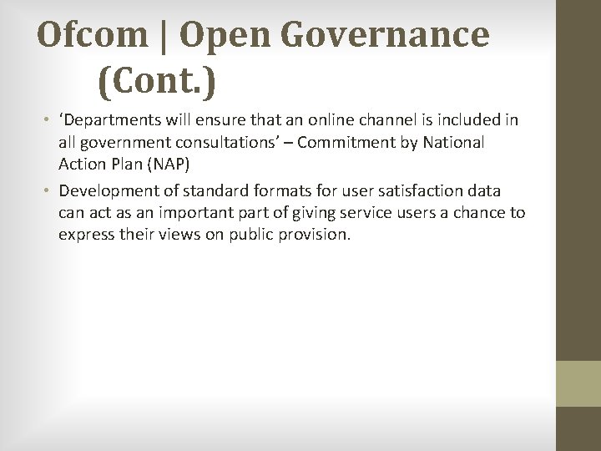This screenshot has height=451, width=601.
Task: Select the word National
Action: coord(453,142)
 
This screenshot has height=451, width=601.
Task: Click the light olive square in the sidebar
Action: coord(578,383)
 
